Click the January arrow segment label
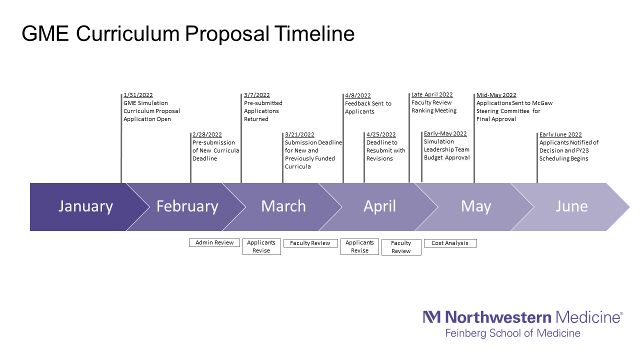coord(85,206)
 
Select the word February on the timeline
coord(187,206)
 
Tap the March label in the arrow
coord(283,206)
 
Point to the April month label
coord(379,206)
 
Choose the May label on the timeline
coord(476,206)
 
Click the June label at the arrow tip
coord(571,206)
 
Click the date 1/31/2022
coord(138,95)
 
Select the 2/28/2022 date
coord(207,134)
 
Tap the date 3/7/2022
coord(257,95)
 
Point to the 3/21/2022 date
coord(299,134)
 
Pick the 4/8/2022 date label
coord(358,95)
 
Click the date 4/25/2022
coord(381,134)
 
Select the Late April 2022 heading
coord(432,94)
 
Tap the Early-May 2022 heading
coord(445,133)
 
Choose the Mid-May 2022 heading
coord(496,95)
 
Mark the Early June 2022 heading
coord(560,134)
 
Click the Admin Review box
coord(214,242)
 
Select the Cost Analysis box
coord(450,243)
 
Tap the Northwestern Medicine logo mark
coord(431,316)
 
